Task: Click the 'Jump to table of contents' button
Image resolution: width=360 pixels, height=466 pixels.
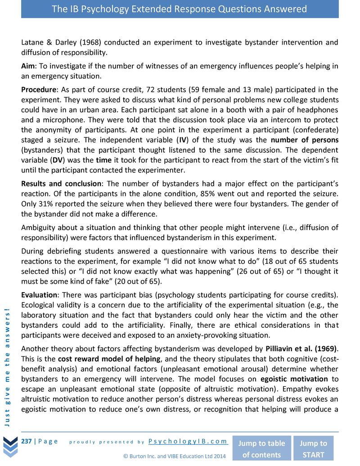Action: tap(261, 448)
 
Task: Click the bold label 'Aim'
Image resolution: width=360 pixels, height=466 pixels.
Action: tap(28, 66)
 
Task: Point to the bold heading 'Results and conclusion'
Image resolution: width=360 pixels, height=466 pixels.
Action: tap(61, 184)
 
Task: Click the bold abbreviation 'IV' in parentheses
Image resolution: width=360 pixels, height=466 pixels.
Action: tap(198, 140)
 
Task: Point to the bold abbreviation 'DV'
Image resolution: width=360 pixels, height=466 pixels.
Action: tap(58, 160)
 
